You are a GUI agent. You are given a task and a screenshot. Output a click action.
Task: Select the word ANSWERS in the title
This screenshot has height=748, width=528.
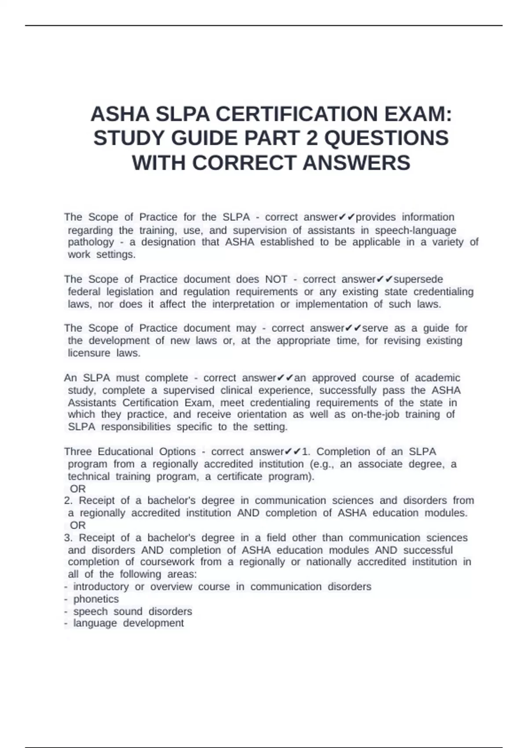pyautogui.click(x=356, y=163)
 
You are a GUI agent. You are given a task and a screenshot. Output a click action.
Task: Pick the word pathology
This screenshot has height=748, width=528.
pyautogui.click(x=91, y=242)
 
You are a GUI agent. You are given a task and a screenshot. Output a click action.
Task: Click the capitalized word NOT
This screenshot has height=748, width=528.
pyautogui.click(x=276, y=279)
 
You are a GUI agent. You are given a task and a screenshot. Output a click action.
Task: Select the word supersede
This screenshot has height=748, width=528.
pyautogui.click(x=418, y=279)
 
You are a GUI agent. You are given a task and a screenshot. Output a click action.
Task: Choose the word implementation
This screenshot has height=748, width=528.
pyautogui.click(x=332, y=304)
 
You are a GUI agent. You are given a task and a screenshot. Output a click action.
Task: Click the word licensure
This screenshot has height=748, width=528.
pyautogui.click(x=89, y=353)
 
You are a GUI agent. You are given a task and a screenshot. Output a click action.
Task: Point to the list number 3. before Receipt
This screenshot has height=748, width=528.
pyautogui.click(x=68, y=538)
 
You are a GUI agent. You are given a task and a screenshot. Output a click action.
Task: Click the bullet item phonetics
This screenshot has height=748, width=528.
pyautogui.click(x=96, y=599)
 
